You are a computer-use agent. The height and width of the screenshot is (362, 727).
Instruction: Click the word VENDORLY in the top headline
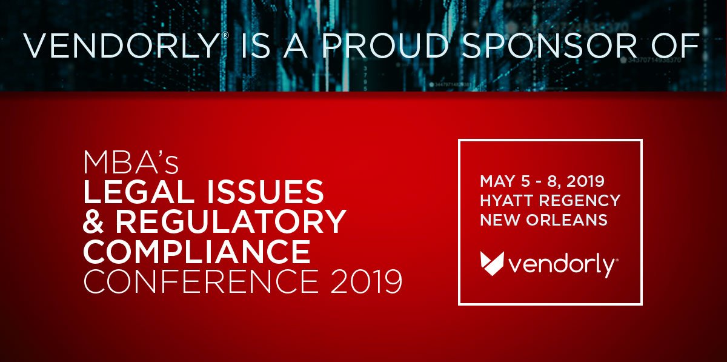121,46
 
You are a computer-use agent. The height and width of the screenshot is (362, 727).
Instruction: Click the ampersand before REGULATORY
93,223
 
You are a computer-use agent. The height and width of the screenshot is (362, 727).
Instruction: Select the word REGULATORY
231,223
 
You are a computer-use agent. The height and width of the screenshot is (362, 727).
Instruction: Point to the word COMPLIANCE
196,252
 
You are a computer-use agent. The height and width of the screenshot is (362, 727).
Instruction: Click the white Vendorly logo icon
491,263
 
